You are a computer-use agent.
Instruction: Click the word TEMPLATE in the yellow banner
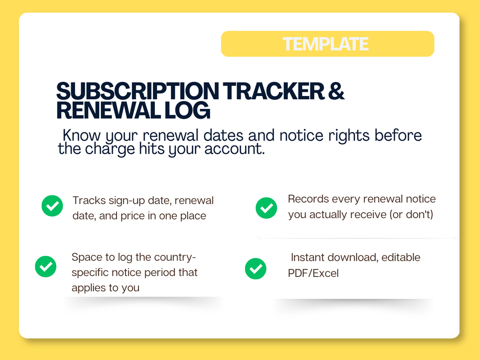tap(325, 44)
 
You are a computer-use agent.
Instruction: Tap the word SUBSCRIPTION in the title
tap(138, 91)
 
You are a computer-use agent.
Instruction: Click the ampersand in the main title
tap(336, 91)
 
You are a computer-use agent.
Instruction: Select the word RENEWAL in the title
tap(108, 110)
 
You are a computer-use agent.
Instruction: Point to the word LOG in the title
tap(187, 110)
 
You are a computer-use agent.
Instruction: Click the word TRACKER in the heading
tap(273, 91)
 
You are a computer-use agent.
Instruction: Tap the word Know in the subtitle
tap(81, 135)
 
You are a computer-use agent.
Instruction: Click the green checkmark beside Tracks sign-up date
tap(53, 206)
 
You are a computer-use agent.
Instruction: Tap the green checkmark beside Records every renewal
tap(267, 208)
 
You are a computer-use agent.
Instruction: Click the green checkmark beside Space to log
tap(46, 266)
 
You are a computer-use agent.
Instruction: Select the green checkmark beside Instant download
tap(256, 268)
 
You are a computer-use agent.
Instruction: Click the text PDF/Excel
tap(313, 273)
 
